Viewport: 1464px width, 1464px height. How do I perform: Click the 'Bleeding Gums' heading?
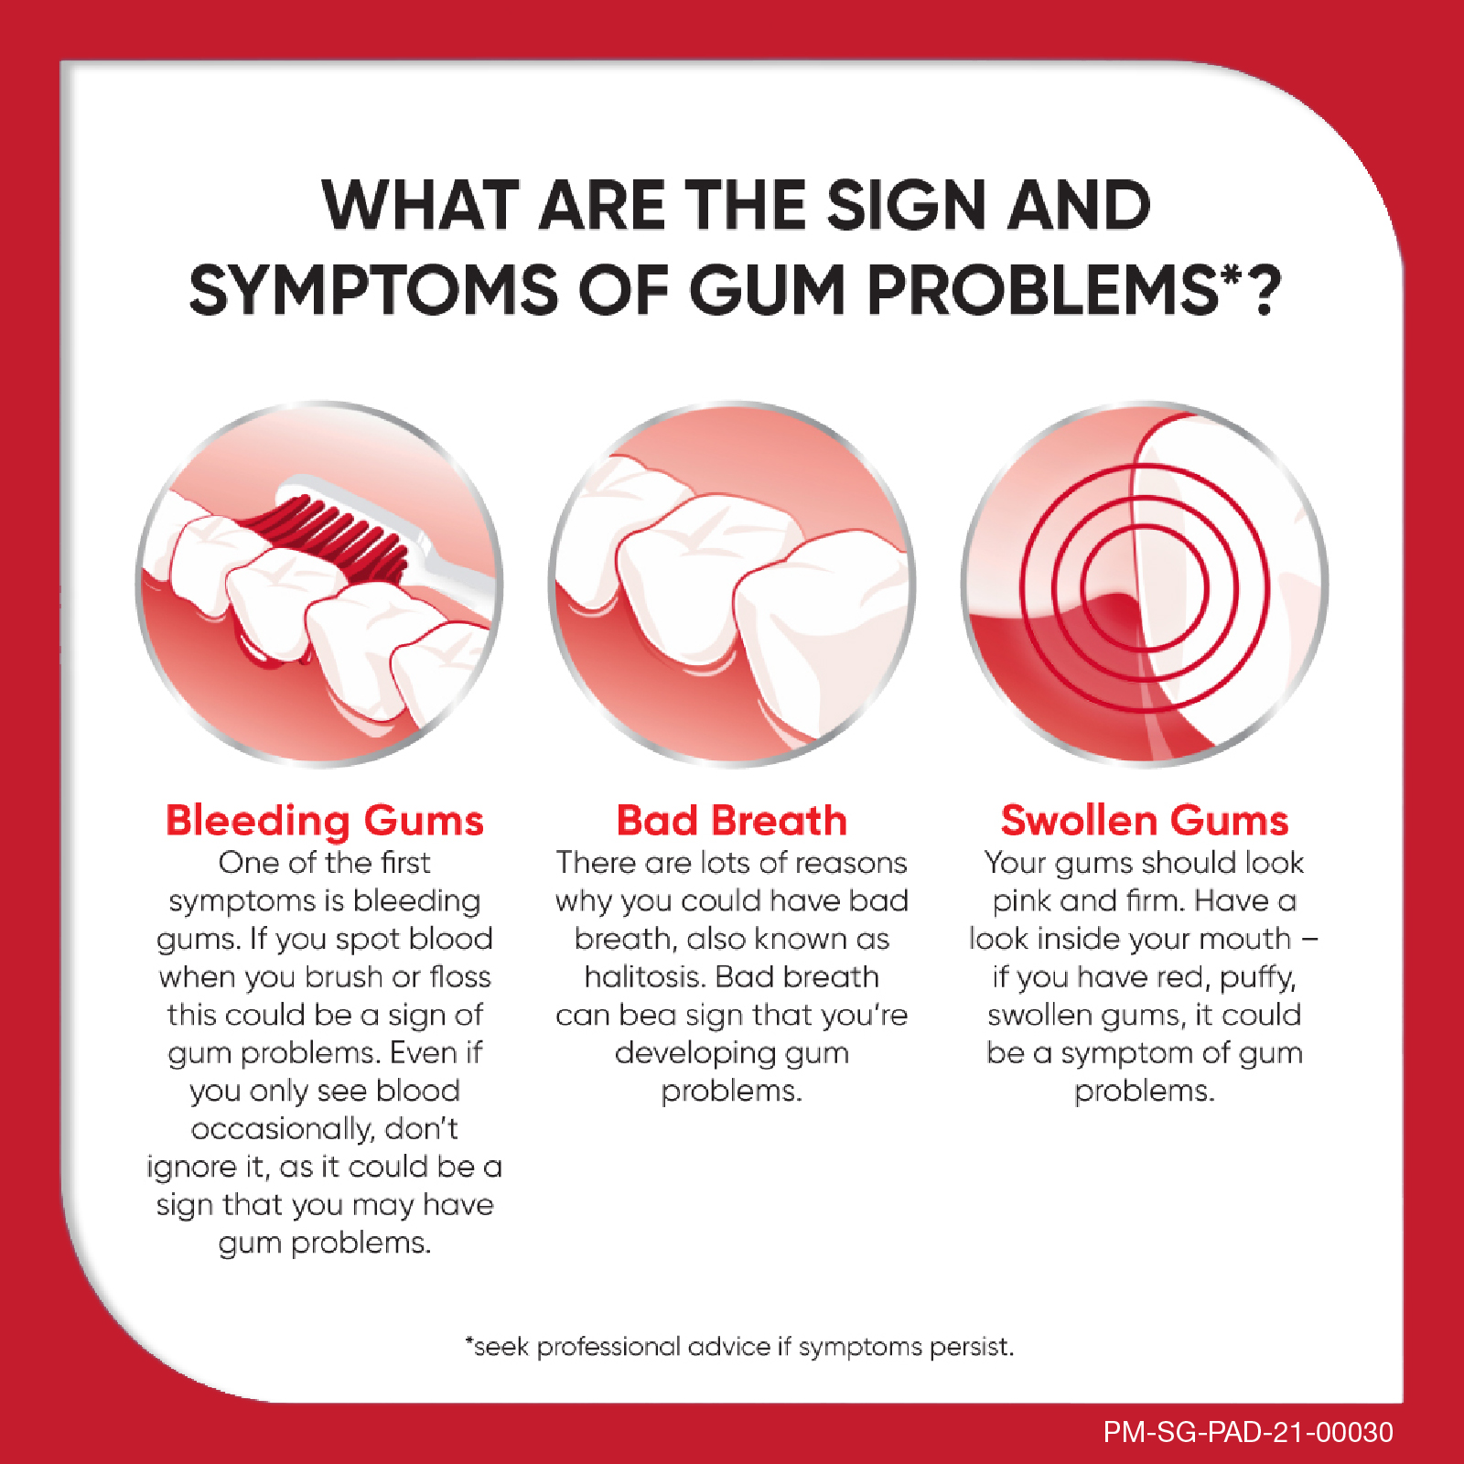tap(325, 821)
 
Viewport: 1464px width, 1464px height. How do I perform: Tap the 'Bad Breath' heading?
tap(732, 821)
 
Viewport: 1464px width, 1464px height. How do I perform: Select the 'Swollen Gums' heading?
tap(1145, 821)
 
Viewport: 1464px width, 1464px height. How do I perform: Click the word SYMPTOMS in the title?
tap(373, 291)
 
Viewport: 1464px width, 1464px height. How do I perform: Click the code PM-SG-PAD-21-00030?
tap(1248, 1432)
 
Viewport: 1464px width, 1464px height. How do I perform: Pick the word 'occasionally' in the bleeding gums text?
tap(284, 1130)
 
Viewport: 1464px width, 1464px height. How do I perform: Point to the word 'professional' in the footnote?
tap(608, 1348)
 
